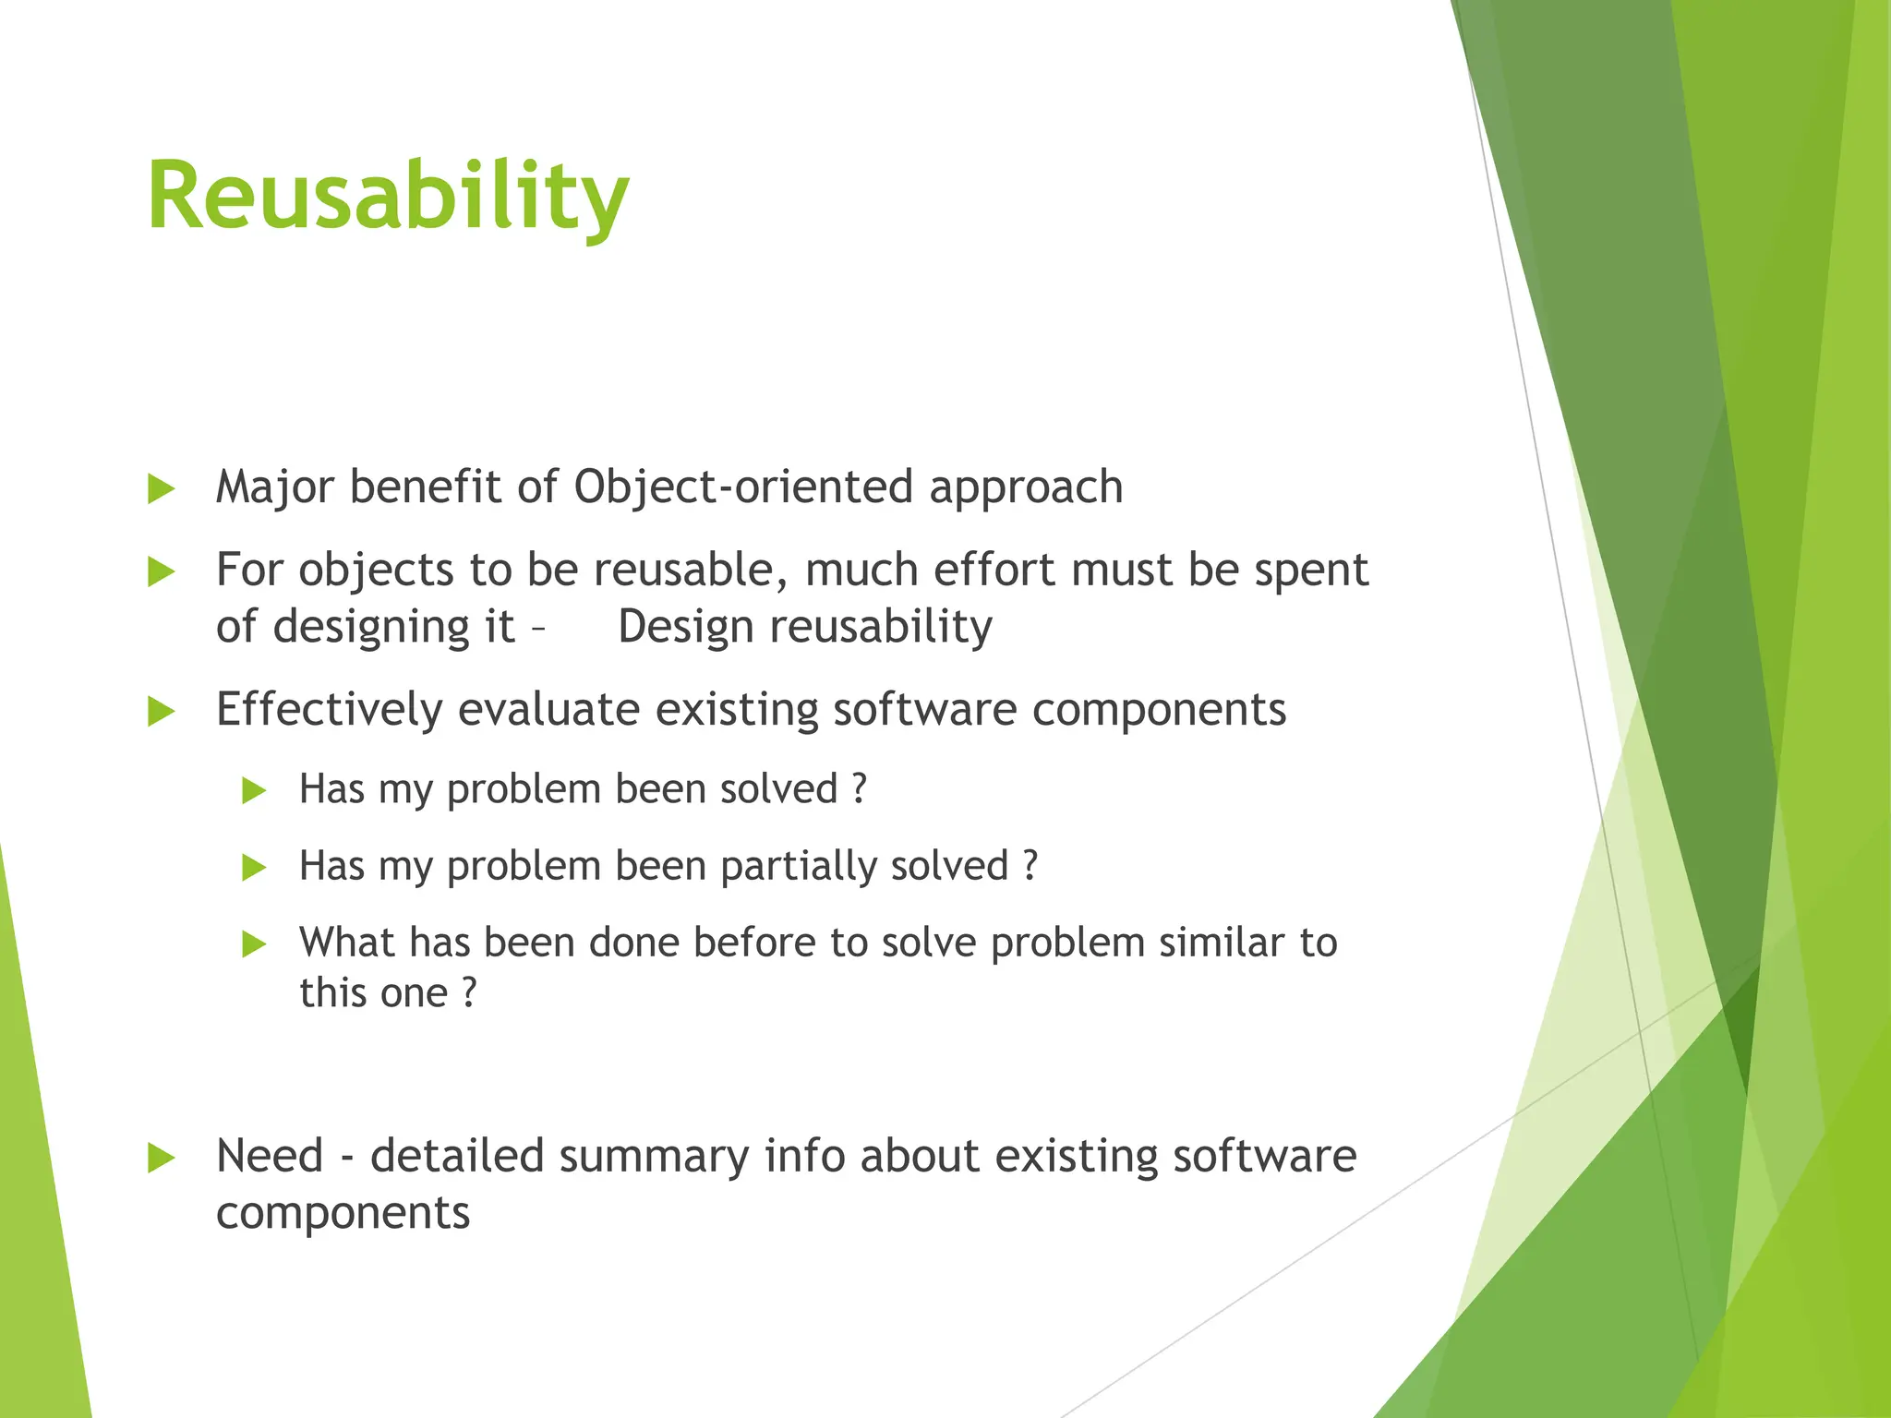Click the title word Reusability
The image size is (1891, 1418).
click(388, 197)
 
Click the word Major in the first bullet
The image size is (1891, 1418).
click(273, 487)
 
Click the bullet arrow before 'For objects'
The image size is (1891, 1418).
click(162, 572)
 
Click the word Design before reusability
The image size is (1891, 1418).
click(686, 628)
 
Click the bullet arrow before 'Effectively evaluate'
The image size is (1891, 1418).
click(162, 712)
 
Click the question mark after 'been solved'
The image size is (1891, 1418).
click(860, 789)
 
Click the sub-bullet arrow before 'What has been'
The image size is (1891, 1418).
click(254, 944)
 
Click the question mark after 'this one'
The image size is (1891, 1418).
click(469, 993)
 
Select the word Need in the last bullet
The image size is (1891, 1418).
click(270, 1157)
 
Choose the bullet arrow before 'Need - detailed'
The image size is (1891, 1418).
click(162, 1159)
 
